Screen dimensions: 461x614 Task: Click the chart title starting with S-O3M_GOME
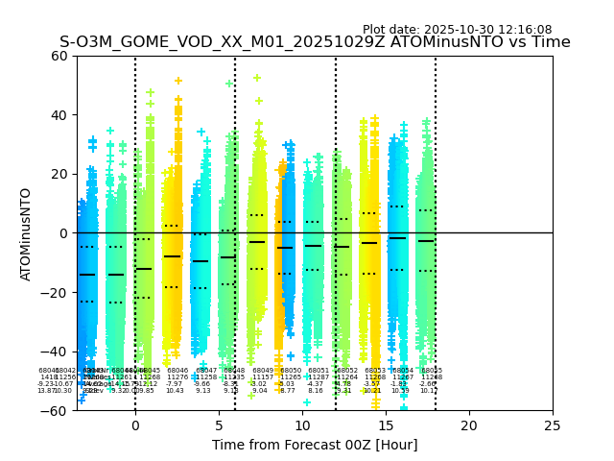315,42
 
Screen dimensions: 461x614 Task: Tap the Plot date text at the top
457,30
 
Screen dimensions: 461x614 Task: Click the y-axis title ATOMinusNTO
26,233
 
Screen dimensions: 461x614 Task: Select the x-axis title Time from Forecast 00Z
315,445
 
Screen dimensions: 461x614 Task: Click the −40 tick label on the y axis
58,352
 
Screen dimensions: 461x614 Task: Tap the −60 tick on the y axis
58,411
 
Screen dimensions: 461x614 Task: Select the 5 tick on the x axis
219,425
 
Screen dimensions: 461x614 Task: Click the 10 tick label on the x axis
302,425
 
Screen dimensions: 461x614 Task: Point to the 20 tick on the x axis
469,425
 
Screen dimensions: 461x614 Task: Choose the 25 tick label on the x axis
553,425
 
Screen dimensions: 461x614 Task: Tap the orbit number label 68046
177,371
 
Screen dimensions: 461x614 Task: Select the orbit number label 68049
263,371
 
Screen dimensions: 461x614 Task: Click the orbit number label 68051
319,371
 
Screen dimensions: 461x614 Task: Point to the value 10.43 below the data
175,391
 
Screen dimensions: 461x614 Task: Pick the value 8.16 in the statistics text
316,391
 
